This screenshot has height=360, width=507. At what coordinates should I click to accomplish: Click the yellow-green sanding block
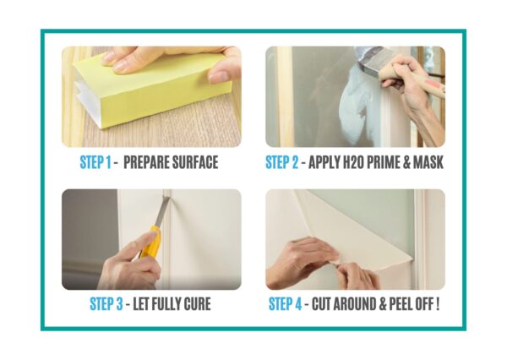(x=152, y=90)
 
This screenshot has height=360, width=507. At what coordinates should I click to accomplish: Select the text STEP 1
(x=95, y=162)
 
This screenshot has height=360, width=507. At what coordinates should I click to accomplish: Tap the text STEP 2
(x=282, y=162)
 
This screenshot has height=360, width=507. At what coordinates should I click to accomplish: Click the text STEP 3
(x=106, y=304)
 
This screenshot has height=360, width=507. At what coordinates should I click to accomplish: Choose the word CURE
(x=197, y=304)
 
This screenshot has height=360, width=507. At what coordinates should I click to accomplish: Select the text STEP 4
(x=286, y=304)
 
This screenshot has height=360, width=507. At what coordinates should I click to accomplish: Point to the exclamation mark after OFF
(x=438, y=304)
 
